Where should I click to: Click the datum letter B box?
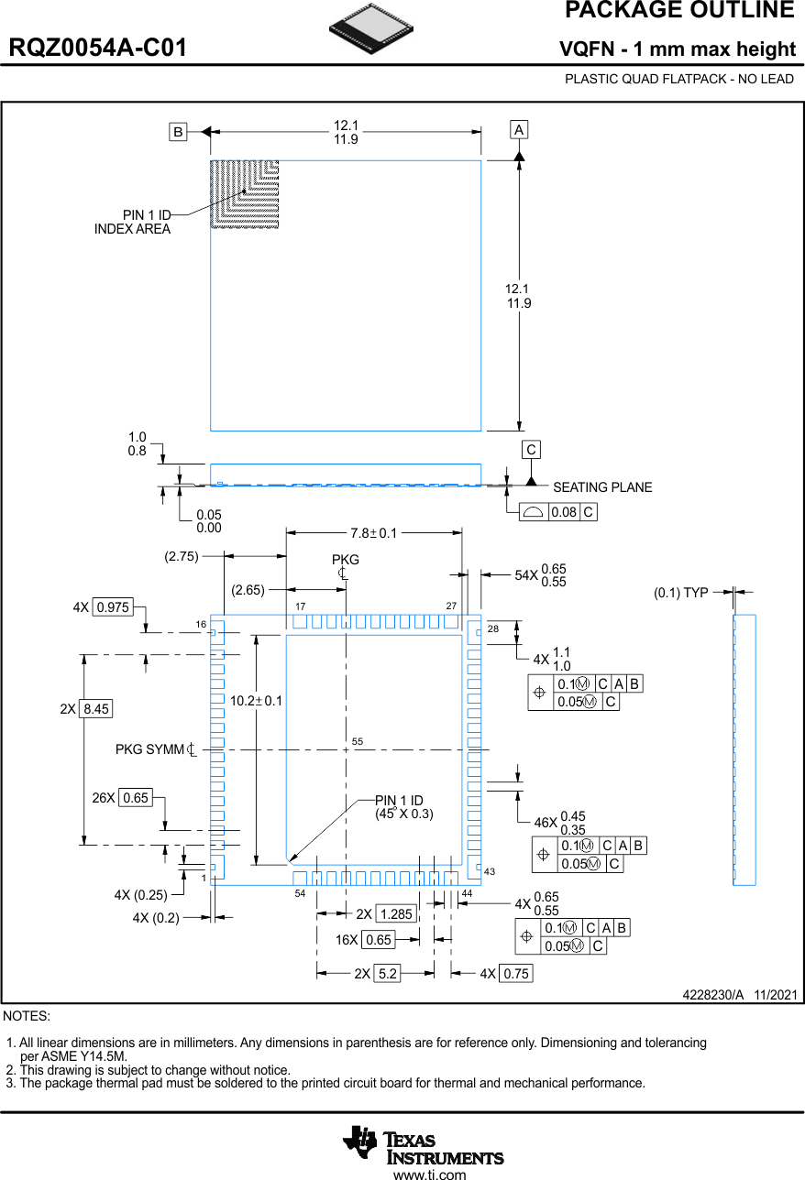click(x=178, y=132)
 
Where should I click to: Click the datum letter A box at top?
click(x=519, y=130)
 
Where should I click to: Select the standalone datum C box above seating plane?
click(x=531, y=450)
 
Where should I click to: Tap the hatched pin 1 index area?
click(x=244, y=193)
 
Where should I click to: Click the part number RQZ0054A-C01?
click(x=98, y=49)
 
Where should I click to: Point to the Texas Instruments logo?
click(x=424, y=1144)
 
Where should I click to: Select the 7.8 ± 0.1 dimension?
click(x=374, y=533)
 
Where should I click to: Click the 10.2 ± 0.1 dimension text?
click(x=257, y=701)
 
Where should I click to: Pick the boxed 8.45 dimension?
click(x=96, y=709)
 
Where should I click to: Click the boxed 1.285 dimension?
click(x=396, y=914)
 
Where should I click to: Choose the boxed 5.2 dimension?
click(x=388, y=974)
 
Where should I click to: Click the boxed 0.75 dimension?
click(x=516, y=974)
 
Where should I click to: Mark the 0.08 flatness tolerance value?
click(x=564, y=512)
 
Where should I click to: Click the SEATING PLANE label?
click(x=602, y=487)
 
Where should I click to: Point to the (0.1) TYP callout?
click(x=680, y=593)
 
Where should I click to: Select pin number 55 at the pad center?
click(x=358, y=741)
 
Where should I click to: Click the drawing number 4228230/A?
click(x=713, y=995)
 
